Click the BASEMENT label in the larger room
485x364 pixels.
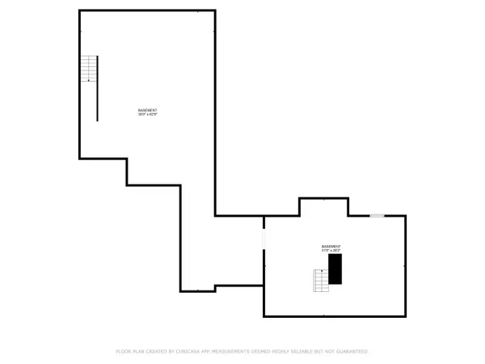pos(147,110)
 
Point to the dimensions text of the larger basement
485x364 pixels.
pos(147,114)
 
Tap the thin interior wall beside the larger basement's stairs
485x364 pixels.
pos(98,89)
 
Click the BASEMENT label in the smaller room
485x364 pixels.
pos(331,246)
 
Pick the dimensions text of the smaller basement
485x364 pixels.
pos(331,250)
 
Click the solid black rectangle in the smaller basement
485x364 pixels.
pos(335,269)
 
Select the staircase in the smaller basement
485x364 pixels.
pos(322,280)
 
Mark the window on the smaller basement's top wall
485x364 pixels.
pos(377,216)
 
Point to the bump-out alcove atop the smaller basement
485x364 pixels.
pos(323,207)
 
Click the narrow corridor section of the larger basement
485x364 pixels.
pos(197,243)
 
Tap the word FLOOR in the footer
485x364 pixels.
pos(124,352)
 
